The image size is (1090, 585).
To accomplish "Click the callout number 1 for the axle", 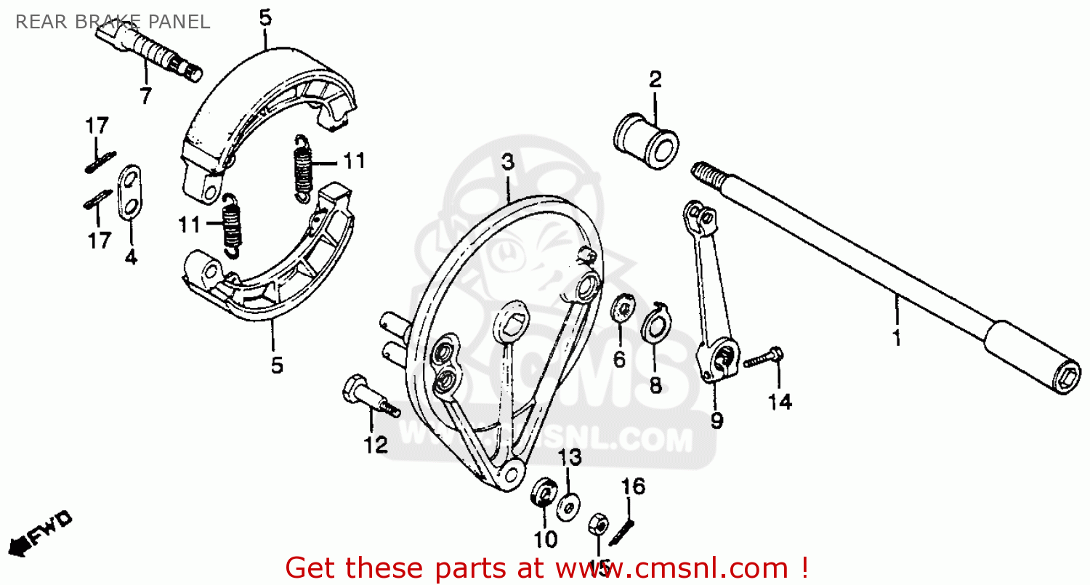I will point(896,338).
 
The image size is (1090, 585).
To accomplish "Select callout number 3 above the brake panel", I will point(507,162).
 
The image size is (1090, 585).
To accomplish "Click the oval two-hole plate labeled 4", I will point(130,191).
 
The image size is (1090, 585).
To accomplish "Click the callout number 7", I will point(145,95).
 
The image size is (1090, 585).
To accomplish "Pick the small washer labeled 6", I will point(622,308).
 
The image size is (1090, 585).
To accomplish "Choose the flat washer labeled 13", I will point(569,506).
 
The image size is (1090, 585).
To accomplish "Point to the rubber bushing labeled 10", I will point(543,495).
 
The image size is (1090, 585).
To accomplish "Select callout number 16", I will point(634,487).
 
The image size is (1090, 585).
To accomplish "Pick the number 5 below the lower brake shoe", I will point(277,366).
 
